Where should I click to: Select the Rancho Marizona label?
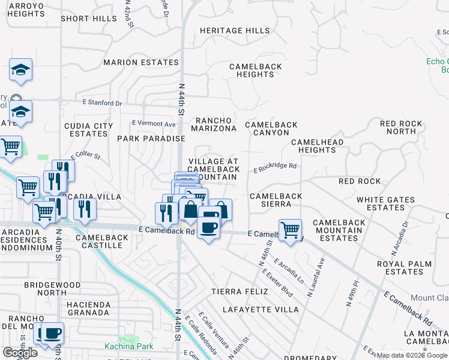[x=214, y=124]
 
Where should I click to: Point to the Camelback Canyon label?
[x=271, y=129]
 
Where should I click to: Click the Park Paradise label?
[x=151, y=139]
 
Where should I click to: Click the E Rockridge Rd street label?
[x=275, y=167]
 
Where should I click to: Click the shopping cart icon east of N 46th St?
[x=290, y=229]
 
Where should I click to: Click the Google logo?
[x=20, y=352]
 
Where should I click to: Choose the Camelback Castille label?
[x=102, y=241]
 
